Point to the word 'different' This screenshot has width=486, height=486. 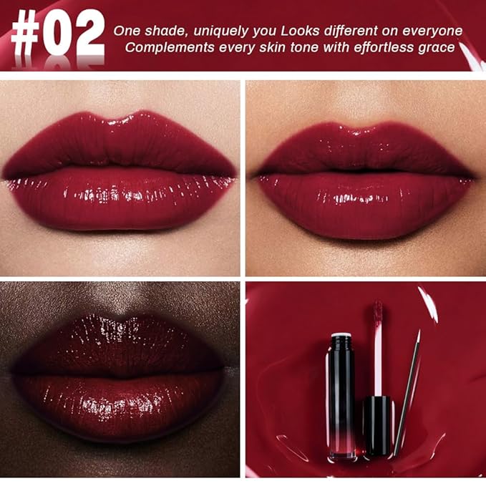pyautogui.click(x=354, y=31)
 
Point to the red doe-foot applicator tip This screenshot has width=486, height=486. pyautogui.click(x=377, y=316)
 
